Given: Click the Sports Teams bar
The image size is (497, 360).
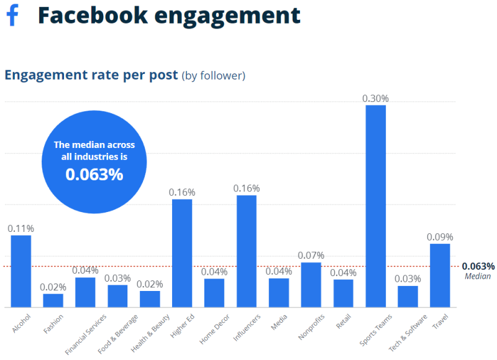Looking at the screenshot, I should (375, 206).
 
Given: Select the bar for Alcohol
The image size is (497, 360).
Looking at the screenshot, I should (21, 271).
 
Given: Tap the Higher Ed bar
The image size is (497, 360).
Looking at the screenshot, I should (182, 253).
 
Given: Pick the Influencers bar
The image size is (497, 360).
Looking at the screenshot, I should (247, 251).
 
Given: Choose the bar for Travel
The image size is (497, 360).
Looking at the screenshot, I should (440, 275).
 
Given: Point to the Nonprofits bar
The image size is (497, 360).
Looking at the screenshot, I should (311, 285).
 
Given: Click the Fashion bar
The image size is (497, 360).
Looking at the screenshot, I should (53, 300).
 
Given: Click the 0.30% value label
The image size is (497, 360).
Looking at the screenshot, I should (375, 98).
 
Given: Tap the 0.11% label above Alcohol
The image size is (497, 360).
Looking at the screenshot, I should (21, 228).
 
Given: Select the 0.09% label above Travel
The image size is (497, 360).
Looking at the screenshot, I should (440, 237).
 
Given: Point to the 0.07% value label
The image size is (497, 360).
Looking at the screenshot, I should (311, 256).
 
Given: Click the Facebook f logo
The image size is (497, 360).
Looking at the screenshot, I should (12, 15).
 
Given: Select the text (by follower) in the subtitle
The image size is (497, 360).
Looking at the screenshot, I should (213, 76).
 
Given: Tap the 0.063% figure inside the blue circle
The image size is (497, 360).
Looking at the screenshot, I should (94, 175).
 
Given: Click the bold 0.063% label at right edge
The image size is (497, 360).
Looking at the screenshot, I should (478, 266).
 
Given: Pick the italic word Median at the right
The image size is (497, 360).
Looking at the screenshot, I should (478, 277).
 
